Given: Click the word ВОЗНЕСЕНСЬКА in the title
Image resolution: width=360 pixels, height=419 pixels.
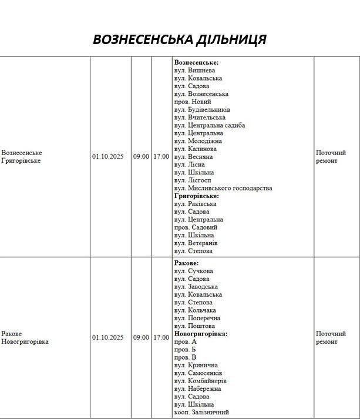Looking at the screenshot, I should click(143, 39).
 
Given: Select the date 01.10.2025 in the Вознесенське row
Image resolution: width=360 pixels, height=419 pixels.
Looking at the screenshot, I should click(107, 157).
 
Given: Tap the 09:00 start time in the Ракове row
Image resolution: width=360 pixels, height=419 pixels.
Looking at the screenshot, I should click(141, 338).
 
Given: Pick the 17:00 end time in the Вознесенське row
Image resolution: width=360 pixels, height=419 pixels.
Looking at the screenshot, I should click(161, 157).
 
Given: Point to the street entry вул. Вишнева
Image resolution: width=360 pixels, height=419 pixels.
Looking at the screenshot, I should click(194, 71).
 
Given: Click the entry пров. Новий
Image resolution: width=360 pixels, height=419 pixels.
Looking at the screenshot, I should click(193, 102).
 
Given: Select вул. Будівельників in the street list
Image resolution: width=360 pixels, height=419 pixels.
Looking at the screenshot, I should click(202, 110).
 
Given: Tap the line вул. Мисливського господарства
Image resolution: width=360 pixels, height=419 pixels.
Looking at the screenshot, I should click(223, 188).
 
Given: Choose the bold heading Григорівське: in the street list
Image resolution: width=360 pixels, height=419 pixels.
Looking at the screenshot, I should click(197, 196).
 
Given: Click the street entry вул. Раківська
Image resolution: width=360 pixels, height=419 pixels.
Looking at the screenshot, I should click(196, 204).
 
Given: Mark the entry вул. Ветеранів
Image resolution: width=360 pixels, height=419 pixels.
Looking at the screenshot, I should click(196, 243).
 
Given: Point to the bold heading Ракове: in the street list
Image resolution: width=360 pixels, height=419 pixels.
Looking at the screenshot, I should click(186, 263).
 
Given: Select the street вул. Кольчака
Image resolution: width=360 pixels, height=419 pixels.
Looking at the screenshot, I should click(195, 310).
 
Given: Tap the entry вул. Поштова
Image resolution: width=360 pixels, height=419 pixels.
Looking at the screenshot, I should click(194, 326).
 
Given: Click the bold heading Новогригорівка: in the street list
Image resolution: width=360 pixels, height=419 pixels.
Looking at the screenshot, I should click(200, 334).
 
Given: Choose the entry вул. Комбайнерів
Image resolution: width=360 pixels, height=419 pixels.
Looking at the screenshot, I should click(200, 381).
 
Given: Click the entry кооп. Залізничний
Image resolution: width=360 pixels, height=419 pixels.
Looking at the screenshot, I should click(201, 413).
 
